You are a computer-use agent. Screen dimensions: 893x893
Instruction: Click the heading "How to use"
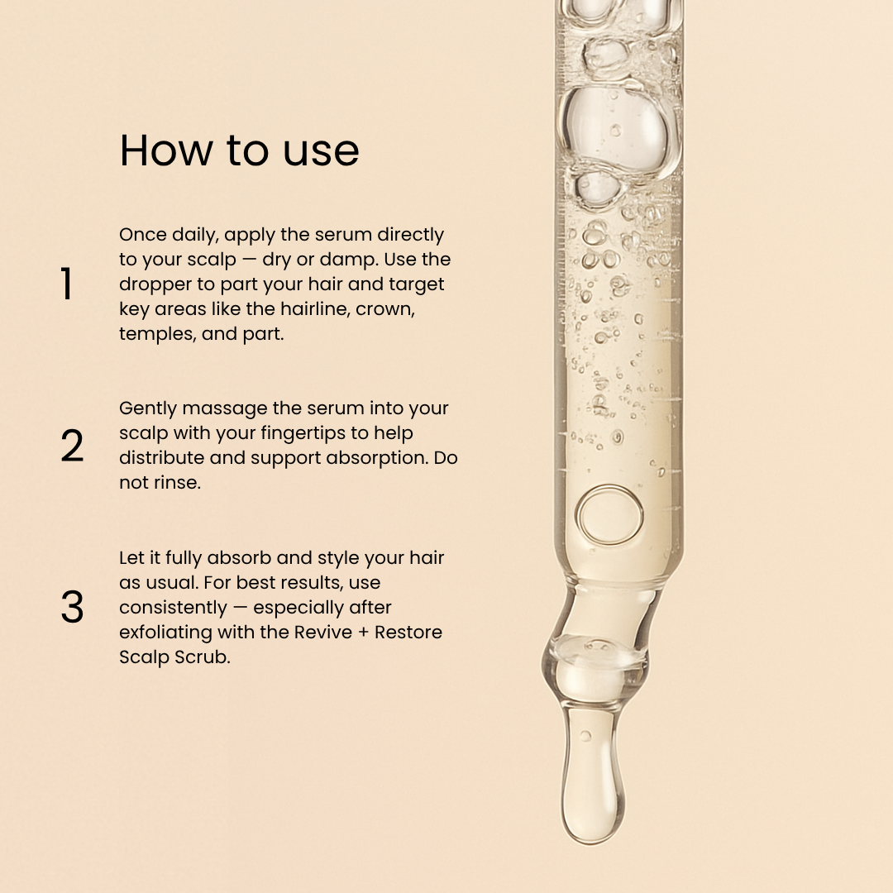point(239,151)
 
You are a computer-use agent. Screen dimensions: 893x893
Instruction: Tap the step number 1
point(66,284)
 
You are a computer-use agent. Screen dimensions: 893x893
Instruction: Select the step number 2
point(72,446)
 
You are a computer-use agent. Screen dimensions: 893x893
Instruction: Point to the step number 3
point(72,608)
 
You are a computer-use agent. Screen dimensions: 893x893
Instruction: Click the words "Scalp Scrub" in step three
point(174,657)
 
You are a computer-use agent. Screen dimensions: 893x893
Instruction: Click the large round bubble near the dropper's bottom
point(609,514)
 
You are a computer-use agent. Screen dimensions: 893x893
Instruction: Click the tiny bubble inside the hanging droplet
point(585,735)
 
